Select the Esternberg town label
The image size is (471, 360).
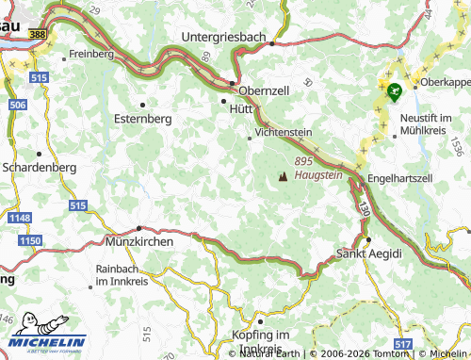[144, 120]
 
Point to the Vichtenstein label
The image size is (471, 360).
[283, 133]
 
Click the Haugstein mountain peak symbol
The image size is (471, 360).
[282, 176]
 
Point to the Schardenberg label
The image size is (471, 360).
[40, 168]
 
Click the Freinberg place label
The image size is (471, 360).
[91, 54]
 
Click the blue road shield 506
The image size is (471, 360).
[17, 105]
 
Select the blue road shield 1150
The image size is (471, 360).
[31, 242]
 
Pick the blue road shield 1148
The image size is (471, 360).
[19, 219]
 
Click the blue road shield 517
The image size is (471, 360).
[404, 345]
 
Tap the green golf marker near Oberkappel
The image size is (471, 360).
[394, 91]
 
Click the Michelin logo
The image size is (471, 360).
[44, 341]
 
